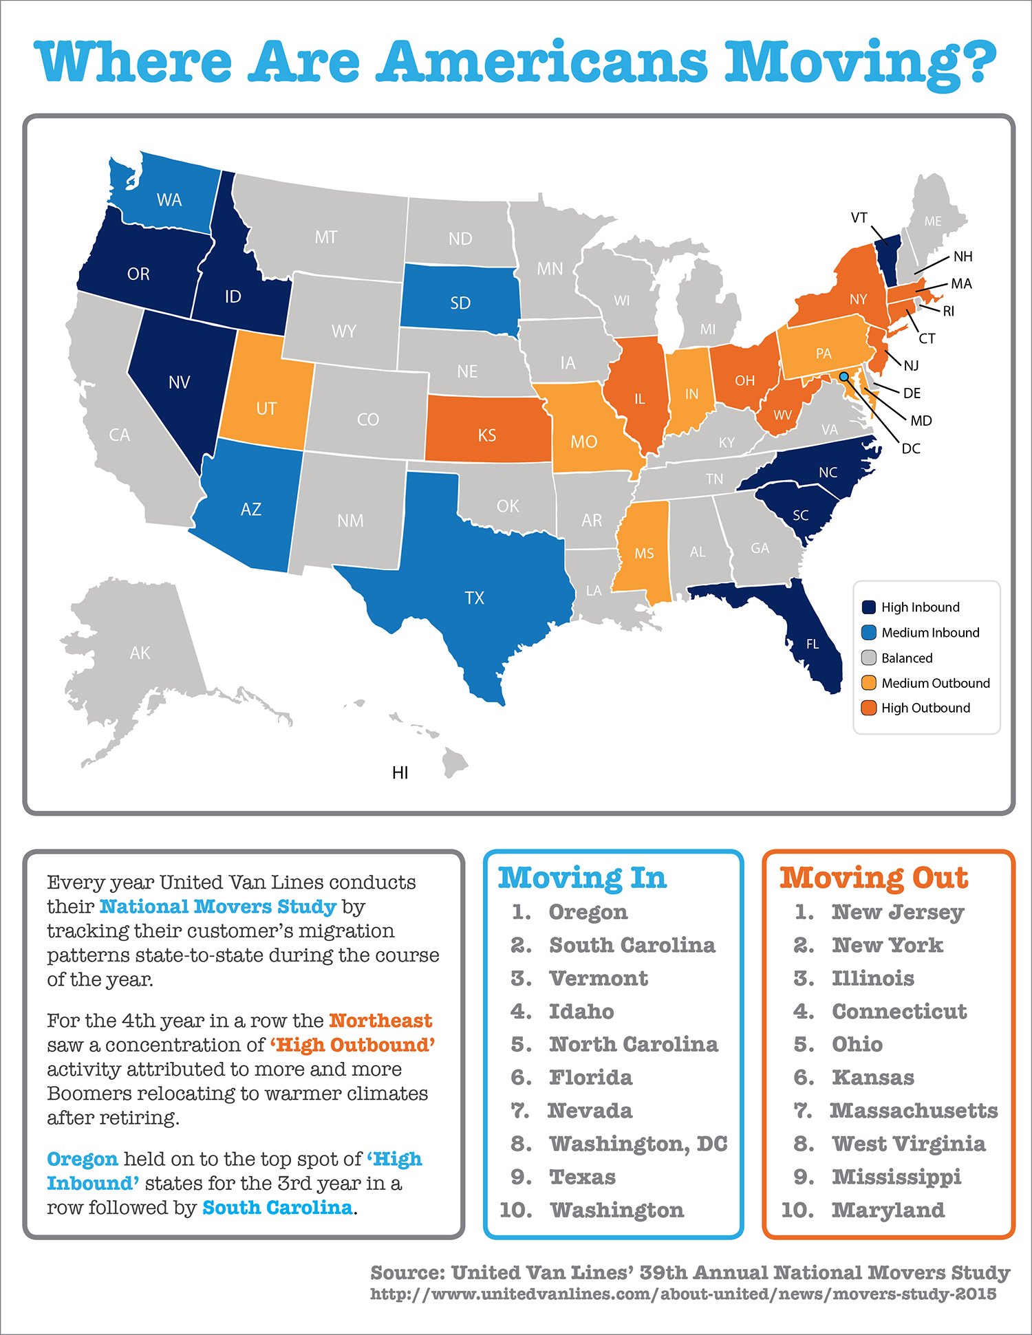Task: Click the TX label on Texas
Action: pos(475,598)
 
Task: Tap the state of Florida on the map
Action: pos(815,640)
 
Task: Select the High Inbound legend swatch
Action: pos(868,607)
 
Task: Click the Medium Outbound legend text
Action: pos(935,683)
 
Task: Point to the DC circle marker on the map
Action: pos(843,377)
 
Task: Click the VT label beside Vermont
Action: pos(859,218)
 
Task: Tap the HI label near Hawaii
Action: pos(400,773)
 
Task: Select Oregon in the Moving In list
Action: pos(588,912)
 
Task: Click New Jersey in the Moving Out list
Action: pos(897,912)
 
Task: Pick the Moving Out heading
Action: pos(874,878)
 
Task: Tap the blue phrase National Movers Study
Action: pos(217,907)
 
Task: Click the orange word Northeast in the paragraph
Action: pos(380,1021)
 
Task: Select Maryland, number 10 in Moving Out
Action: pos(888,1210)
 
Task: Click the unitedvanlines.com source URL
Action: pos(682,1294)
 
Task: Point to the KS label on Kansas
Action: pos(486,435)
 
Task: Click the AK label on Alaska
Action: pos(140,653)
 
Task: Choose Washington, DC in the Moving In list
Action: pos(638,1144)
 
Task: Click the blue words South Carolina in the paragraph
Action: pos(277,1208)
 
